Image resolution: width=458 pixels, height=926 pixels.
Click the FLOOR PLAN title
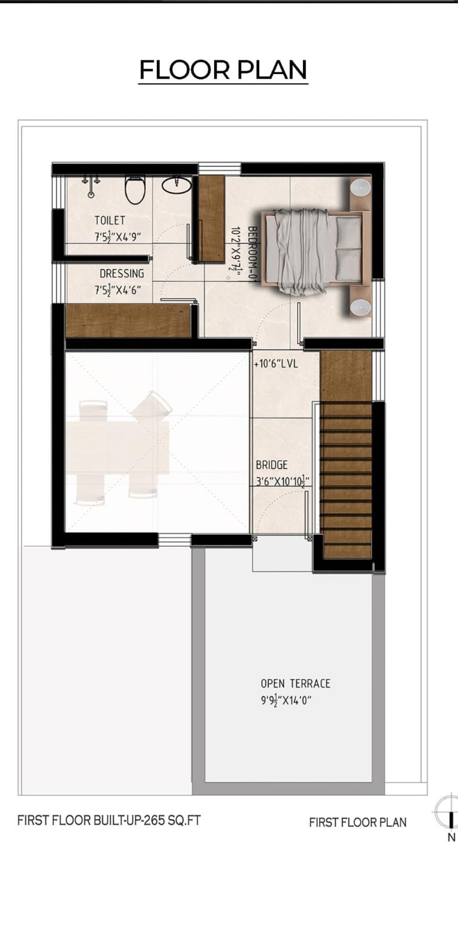tap(223, 70)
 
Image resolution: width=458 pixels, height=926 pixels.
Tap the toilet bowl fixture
tap(135, 190)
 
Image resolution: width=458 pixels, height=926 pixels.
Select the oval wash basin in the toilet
tap(176, 185)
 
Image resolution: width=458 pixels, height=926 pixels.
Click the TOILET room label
tap(109, 221)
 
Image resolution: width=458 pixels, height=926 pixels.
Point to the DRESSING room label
tap(122, 274)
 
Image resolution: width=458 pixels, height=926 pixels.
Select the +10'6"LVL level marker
tap(276, 365)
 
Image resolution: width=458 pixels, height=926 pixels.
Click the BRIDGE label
tap(272, 465)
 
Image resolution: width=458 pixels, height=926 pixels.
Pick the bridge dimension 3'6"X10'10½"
tap(283, 480)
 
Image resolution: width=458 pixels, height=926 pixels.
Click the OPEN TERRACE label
tap(295, 684)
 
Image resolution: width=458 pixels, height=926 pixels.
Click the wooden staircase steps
tap(347, 480)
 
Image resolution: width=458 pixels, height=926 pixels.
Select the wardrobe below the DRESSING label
tap(128, 320)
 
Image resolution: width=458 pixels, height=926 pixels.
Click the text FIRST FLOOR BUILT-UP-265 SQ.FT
tap(109, 820)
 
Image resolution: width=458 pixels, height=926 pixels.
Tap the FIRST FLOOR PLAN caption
tap(357, 822)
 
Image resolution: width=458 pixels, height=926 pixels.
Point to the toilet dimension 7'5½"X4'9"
tap(118, 236)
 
